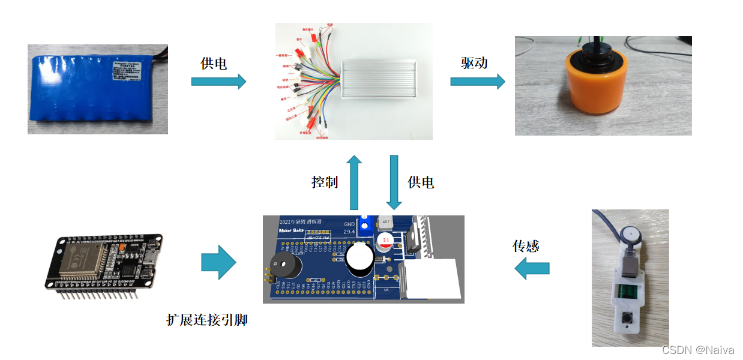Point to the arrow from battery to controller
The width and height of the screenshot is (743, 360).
(x=218, y=81)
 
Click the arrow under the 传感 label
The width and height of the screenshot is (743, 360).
(x=532, y=268)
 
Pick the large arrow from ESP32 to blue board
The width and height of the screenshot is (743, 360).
(x=218, y=262)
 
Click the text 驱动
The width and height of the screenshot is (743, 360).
(x=474, y=62)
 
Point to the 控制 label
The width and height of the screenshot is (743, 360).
(x=325, y=182)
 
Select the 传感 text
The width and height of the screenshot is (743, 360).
(x=526, y=246)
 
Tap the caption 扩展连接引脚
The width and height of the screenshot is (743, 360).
(x=206, y=320)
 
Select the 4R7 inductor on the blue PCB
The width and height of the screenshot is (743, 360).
(x=385, y=224)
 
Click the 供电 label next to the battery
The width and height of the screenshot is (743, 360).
(x=214, y=63)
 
